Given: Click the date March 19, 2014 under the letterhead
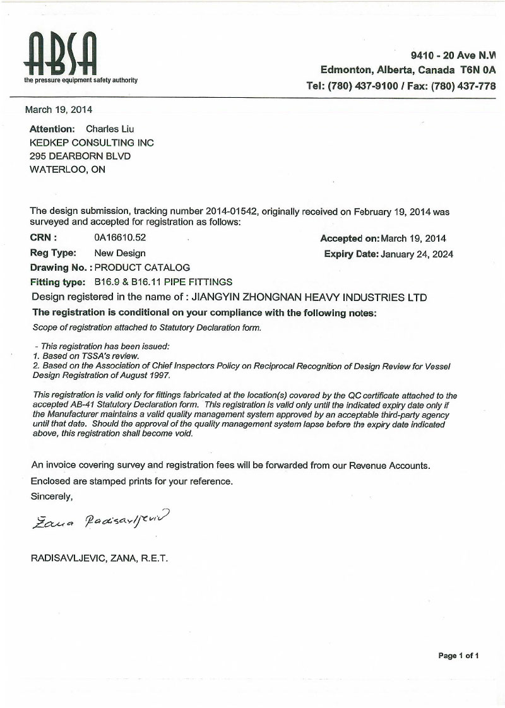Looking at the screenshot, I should [58, 109].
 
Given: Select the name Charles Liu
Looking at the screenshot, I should [110, 129].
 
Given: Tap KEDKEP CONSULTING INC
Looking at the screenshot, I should [92, 143].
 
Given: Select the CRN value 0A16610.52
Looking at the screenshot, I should [119, 239].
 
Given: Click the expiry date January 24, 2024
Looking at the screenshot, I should [417, 254].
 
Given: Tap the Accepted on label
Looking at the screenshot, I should [349, 239].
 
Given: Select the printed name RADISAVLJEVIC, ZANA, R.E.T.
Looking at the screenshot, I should [99, 558].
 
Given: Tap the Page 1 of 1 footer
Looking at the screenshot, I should [458, 656].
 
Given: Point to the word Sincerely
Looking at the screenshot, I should [52, 496].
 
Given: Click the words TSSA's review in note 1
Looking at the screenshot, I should [110, 356].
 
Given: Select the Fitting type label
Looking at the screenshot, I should [57, 281].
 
